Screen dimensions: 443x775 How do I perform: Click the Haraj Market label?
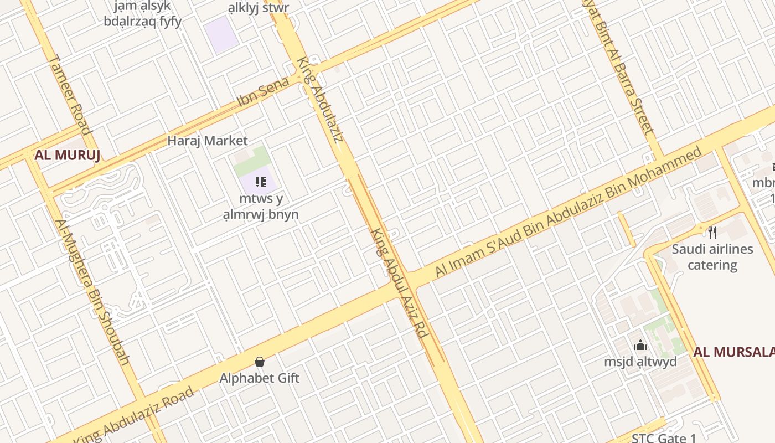coord(208,141)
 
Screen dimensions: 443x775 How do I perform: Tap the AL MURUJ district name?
coord(67,155)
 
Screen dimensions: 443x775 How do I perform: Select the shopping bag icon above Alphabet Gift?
coord(260,362)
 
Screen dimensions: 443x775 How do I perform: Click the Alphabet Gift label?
coord(260,378)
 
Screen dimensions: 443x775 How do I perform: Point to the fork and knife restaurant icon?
coord(712,232)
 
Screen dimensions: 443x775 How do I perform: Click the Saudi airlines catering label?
coord(712,257)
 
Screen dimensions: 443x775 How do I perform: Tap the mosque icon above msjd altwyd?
coord(640,345)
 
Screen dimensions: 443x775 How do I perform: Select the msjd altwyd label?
coord(640,362)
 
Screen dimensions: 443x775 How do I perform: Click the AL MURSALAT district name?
coord(734,352)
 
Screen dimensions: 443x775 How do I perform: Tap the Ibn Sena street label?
coord(263,92)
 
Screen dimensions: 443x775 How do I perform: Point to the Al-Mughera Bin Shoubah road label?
coord(92,292)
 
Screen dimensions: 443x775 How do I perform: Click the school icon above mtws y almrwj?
coord(261,182)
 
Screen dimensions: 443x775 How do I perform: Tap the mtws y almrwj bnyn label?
coord(269,207)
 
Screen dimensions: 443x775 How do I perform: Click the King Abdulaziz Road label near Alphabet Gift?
coord(134,415)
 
